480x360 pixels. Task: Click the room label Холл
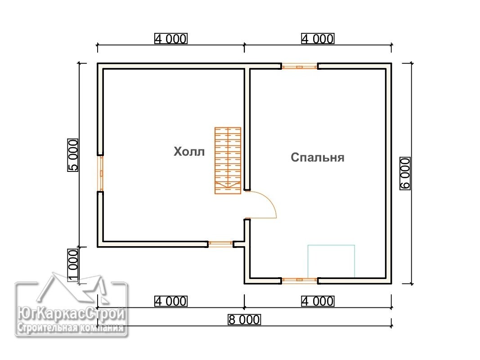pyautogui.click(x=189, y=152)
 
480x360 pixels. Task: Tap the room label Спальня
pyautogui.click(x=318, y=157)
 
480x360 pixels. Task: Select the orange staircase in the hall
pyautogui.click(x=228, y=161)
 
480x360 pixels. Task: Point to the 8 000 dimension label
pyautogui.click(x=244, y=319)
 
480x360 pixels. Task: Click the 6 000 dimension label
pyautogui.click(x=405, y=174)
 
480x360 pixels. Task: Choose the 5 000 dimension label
pyautogui.click(x=73, y=155)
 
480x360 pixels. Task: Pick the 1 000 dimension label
pyautogui.click(x=73, y=265)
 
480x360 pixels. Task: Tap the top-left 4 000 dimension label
pyautogui.click(x=171, y=39)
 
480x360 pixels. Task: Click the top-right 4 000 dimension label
pyautogui.click(x=318, y=39)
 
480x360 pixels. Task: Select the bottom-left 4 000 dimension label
pyautogui.click(x=171, y=301)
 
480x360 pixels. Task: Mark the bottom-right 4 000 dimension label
pyautogui.click(x=318, y=301)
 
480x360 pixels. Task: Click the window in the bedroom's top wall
pyautogui.click(x=300, y=66)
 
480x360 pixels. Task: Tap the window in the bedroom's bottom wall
pyautogui.click(x=300, y=280)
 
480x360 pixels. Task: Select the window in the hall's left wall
pyautogui.click(x=100, y=173)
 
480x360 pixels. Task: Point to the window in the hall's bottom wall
pyautogui.click(x=221, y=244)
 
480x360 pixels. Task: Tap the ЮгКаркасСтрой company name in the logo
pyautogui.click(x=71, y=314)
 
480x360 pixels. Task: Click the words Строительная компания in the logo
pyautogui.click(x=71, y=328)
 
